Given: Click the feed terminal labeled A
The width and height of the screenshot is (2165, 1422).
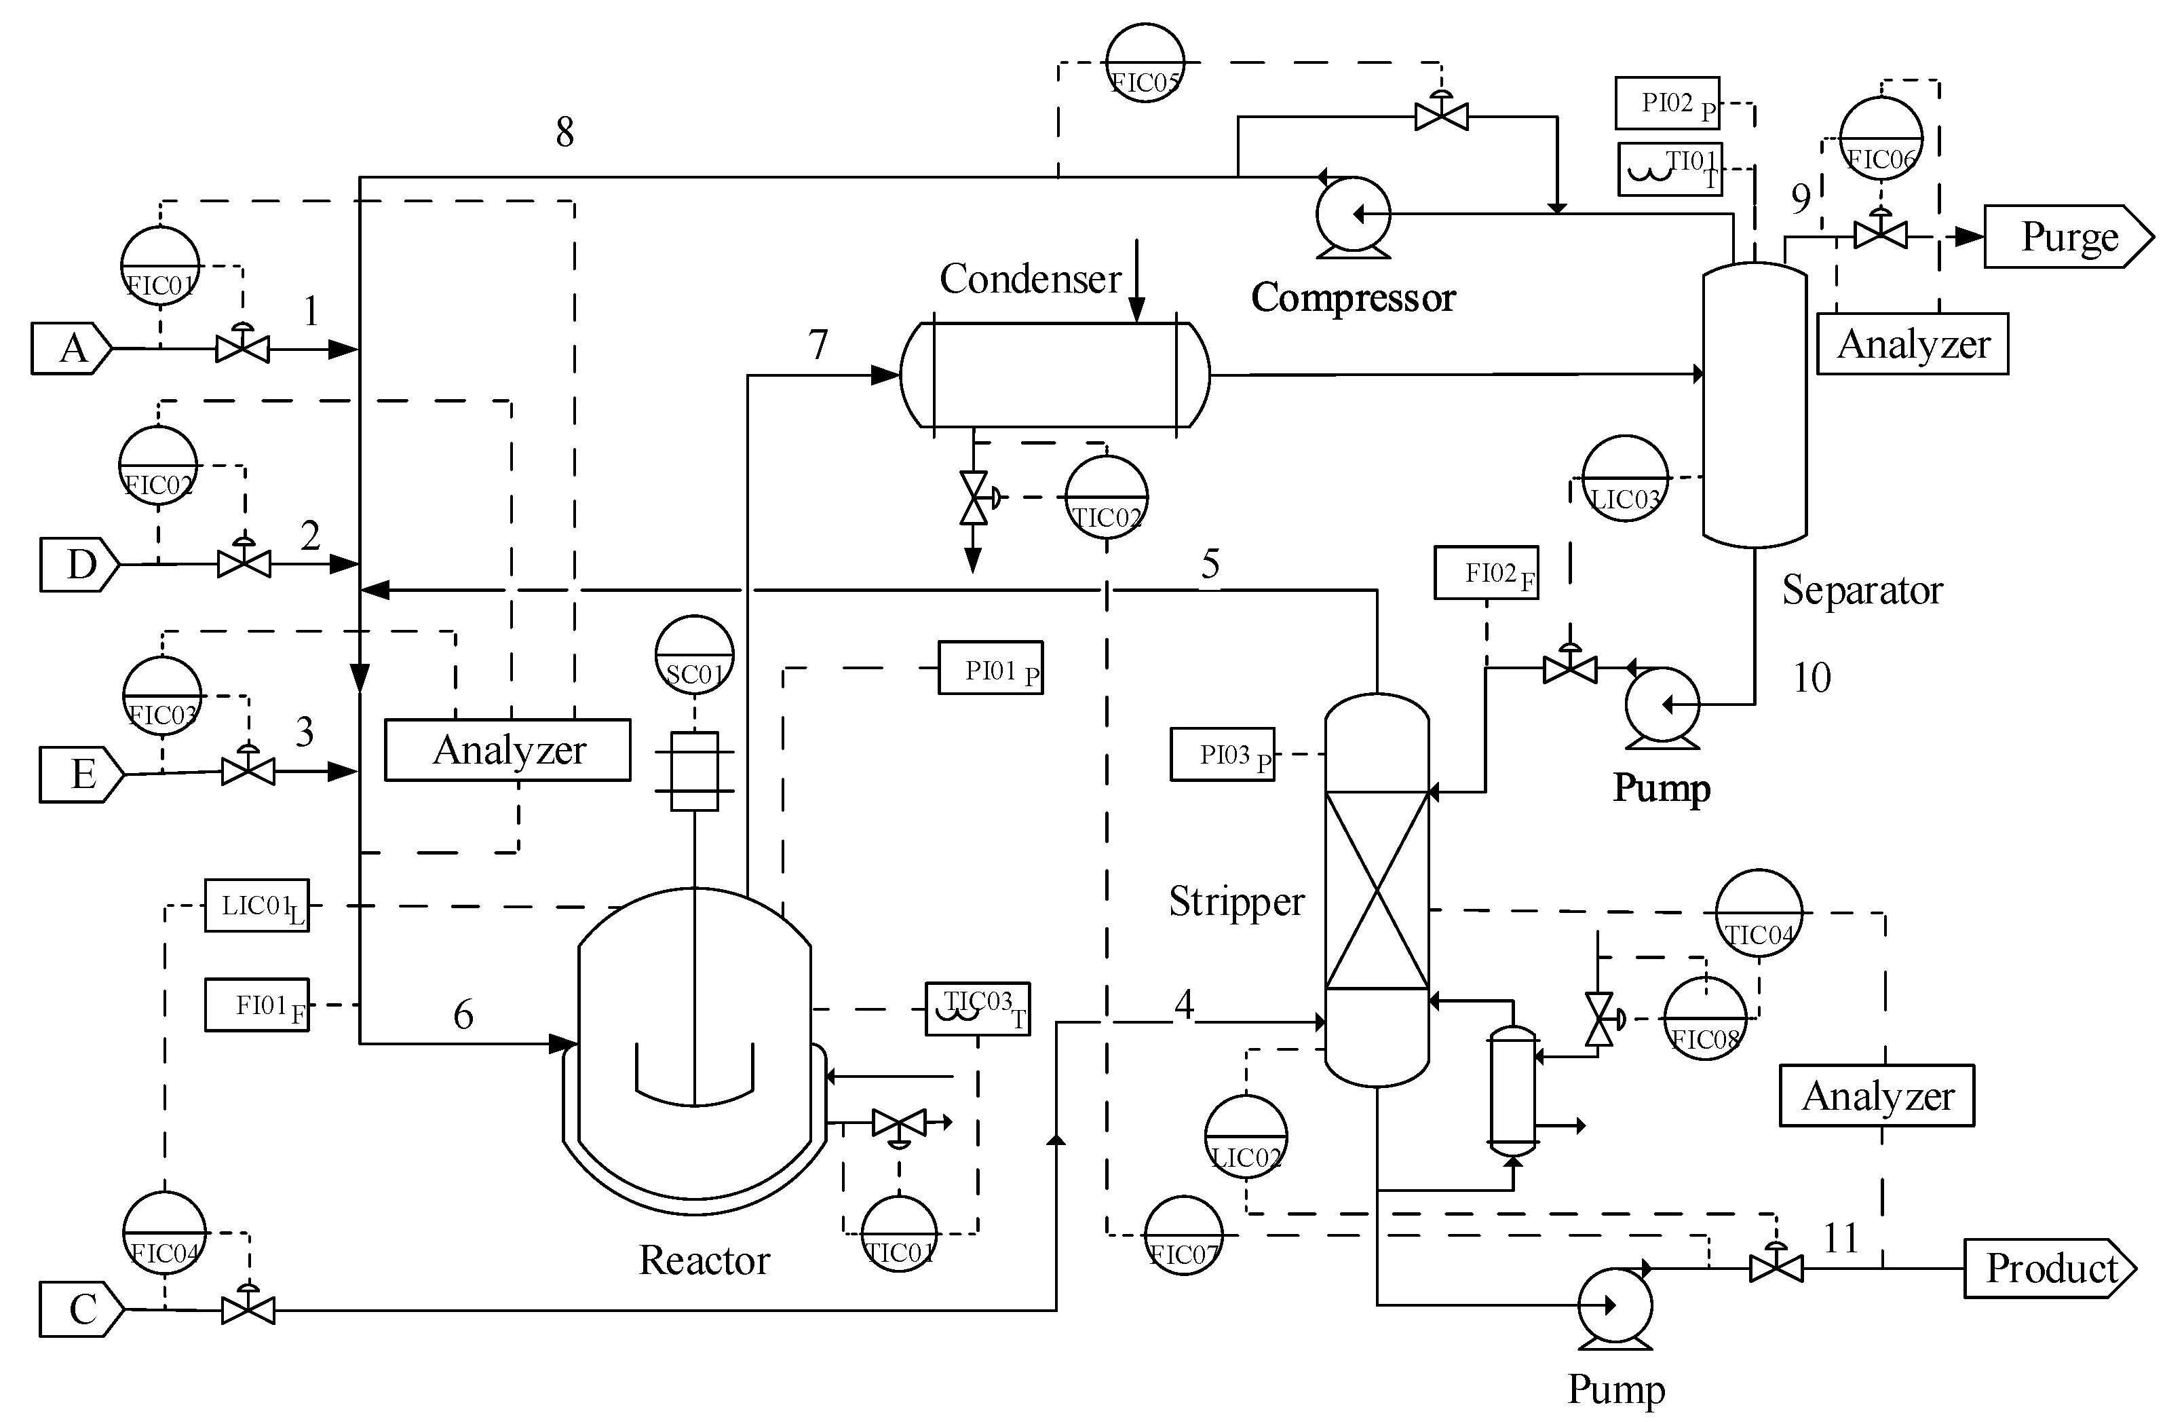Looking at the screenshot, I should (71, 348).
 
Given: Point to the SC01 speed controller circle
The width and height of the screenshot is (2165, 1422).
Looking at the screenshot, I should (694, 654).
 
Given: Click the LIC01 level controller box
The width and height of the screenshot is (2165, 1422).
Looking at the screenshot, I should (256, 905).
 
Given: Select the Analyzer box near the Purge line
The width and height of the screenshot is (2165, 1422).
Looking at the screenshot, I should (1912, 344).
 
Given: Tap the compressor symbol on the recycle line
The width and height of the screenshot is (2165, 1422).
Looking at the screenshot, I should (1353, 214).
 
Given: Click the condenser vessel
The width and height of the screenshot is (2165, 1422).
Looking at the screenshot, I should (1055, 374).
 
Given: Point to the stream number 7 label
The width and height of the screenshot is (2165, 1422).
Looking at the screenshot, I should (818, 345).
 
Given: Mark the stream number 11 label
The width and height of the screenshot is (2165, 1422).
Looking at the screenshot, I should (1840, 1238).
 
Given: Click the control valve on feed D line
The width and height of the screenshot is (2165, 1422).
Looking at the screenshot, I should (244, 563).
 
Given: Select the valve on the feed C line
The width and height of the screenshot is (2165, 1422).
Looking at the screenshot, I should (248, 1310).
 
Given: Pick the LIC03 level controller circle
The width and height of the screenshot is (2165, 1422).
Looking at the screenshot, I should (1625, 479).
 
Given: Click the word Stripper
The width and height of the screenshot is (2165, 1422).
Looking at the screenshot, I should (1235, 901).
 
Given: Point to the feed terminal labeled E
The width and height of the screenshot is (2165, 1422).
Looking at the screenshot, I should (81, 774).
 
